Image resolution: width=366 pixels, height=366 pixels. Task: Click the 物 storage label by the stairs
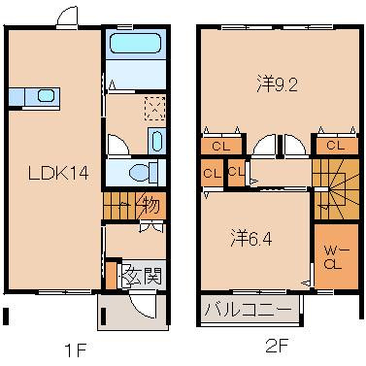[150, 205]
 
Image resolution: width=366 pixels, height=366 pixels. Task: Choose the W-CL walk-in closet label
[332, 255]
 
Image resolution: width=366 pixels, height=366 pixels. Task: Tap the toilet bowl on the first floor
[142, 174]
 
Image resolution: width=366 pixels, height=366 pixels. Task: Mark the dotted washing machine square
[153, 107]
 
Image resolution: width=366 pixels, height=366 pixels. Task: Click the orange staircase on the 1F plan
[117, 207]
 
